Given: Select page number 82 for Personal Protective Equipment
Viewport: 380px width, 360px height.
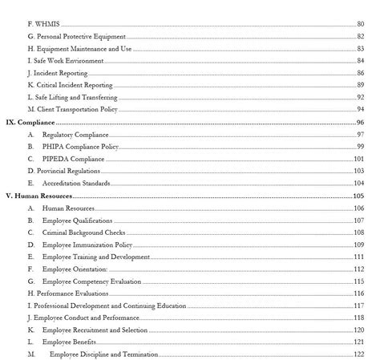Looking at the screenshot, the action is [x=360, y=37].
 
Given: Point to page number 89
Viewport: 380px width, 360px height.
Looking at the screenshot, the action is [x=360, y=84].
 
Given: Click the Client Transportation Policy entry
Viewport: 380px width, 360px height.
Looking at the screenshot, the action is [x=72, y=108].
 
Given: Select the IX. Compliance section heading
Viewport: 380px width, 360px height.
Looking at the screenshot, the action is [x=30, y=122].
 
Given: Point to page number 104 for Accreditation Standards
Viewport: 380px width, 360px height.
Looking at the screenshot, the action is [x=358, y=183].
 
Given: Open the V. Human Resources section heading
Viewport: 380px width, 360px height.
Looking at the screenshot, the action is [x=38, y=196].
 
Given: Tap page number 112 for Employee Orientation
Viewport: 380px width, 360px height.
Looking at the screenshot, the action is [x=358, y=269].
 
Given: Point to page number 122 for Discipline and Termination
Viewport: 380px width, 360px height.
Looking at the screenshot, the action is [x=358, y=354].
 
